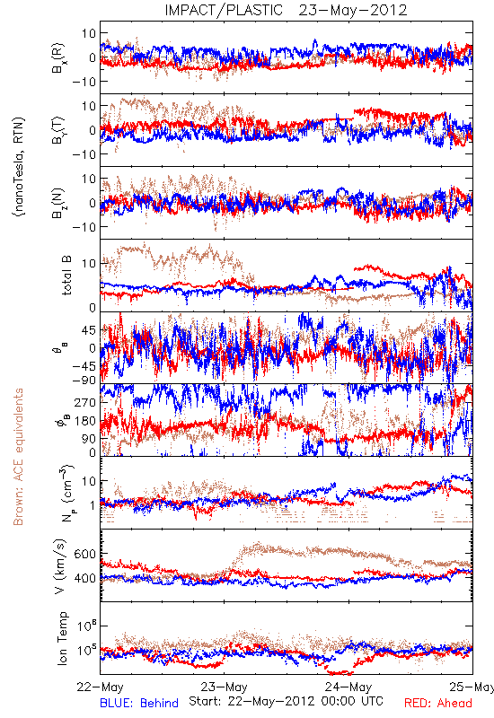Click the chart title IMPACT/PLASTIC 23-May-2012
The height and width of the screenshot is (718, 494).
(286, 10)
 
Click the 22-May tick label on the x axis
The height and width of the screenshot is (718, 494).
(100, 687)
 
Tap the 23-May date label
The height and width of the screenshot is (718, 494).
(224, 687)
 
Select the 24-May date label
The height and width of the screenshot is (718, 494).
(348, 687)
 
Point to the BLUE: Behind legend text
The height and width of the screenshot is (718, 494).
(139, 703)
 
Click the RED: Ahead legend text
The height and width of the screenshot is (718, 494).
(437, 703)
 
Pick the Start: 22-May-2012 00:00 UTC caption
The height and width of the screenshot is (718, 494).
(286, 701)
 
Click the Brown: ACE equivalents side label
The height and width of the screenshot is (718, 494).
(18, 457)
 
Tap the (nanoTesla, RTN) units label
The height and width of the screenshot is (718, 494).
(19, 166)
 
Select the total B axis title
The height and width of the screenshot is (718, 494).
(66, 276)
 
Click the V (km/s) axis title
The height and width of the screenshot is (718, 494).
(60, 566)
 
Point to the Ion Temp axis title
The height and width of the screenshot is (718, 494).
(62, 638)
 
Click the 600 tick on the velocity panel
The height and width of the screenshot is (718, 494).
(84, 554)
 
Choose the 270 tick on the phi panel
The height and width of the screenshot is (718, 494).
(84, 402)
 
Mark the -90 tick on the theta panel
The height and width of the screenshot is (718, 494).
(84, 380)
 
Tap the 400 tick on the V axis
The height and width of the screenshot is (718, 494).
(84, 578)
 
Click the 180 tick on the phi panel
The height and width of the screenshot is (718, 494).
(84, 421)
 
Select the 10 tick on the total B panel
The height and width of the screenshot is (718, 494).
(89, 263)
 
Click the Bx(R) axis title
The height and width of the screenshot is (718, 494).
(59, 57)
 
